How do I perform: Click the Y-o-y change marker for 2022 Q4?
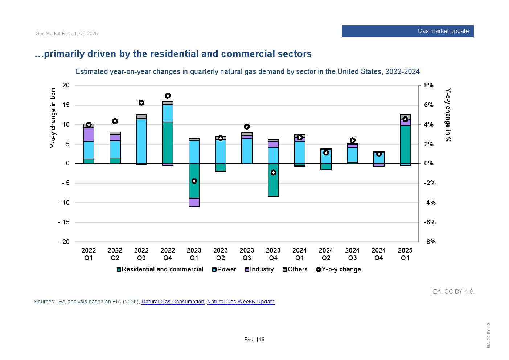click(168, 96)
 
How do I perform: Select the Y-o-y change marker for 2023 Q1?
click(194, 181)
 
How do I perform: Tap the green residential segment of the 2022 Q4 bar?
click(168, 142)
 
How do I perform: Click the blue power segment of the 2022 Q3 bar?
click(141, 141)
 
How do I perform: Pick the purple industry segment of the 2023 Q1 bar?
click(194, 202)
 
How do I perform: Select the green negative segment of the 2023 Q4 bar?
click(273, 185)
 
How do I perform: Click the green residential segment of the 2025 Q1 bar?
click(405, 144)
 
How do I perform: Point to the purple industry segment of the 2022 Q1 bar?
click(89, 134)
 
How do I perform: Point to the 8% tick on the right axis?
click(428, 86)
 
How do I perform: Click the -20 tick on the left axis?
click(64, 242)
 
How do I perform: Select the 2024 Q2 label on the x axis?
click(326, 254)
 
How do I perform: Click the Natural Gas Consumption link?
click(173, 302)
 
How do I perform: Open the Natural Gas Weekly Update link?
click(241, 302)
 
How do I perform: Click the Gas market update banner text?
click(443, 31)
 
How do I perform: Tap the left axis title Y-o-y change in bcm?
click(53, 118)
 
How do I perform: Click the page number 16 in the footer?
click(262, 340)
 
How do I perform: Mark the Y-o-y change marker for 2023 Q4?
click(273, 173)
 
